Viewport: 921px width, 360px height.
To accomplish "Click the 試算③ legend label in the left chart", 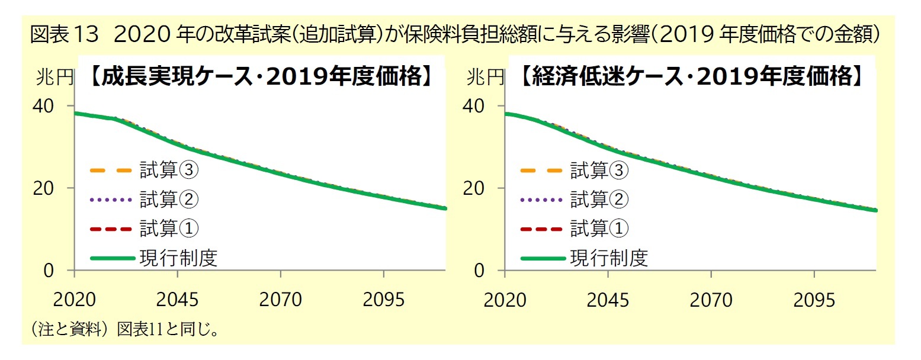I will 169,171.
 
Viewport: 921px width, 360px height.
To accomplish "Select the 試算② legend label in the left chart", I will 169,200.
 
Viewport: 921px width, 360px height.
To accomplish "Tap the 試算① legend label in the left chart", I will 169,228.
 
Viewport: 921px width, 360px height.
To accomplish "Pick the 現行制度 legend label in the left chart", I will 178,258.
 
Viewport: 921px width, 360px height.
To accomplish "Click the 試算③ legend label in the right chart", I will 599,171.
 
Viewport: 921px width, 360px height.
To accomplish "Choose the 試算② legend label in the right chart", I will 599,200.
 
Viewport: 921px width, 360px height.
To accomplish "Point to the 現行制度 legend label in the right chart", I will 609,258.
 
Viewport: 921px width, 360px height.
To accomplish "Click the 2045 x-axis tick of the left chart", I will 177,300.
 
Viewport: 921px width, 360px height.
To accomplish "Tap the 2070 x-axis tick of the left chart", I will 280,300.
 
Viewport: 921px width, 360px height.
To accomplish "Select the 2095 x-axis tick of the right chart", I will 814,300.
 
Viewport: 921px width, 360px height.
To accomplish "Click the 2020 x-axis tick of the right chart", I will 505,300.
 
